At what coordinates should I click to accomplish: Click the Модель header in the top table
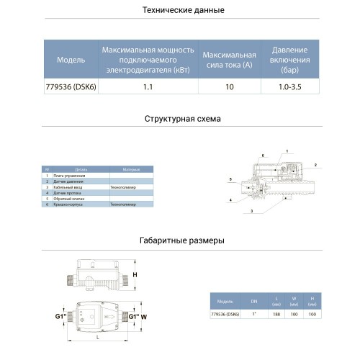click(x=71, y=60)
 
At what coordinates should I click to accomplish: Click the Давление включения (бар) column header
click(x=289, y=60)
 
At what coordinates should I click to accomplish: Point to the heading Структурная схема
click(x=183, y=118)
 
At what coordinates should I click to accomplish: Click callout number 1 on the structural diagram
click(x=287, y=150)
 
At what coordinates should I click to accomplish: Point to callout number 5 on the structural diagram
click(x=230, y=178)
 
